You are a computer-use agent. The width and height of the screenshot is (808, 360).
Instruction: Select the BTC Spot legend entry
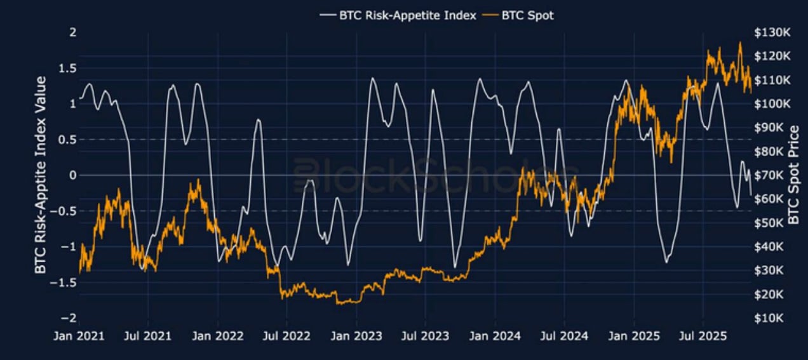[x=527, y=15]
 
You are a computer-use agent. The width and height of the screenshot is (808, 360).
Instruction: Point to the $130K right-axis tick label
[x=772, y=32]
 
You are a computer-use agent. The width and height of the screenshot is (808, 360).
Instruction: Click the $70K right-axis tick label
[x=769, y=175]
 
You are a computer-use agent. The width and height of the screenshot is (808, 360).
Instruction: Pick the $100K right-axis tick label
[x=772, y=103]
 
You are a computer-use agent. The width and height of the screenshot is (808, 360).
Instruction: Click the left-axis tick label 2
[x=72, y=32]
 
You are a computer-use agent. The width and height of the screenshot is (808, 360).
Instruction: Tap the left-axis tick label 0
[x=72, y=175]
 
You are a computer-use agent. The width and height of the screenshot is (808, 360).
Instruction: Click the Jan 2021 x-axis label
[x=79, y=335]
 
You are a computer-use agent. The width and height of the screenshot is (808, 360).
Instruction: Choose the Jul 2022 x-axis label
[x=287, y=335]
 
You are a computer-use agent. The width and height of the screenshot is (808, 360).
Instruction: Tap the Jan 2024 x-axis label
[x=496, y=335]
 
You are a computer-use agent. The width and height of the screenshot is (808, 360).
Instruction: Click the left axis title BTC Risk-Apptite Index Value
[x=40, y=175]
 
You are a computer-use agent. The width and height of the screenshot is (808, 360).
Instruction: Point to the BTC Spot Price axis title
[x=793, y=175]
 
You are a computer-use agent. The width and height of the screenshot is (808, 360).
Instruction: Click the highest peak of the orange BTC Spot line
[x=740, y=43]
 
